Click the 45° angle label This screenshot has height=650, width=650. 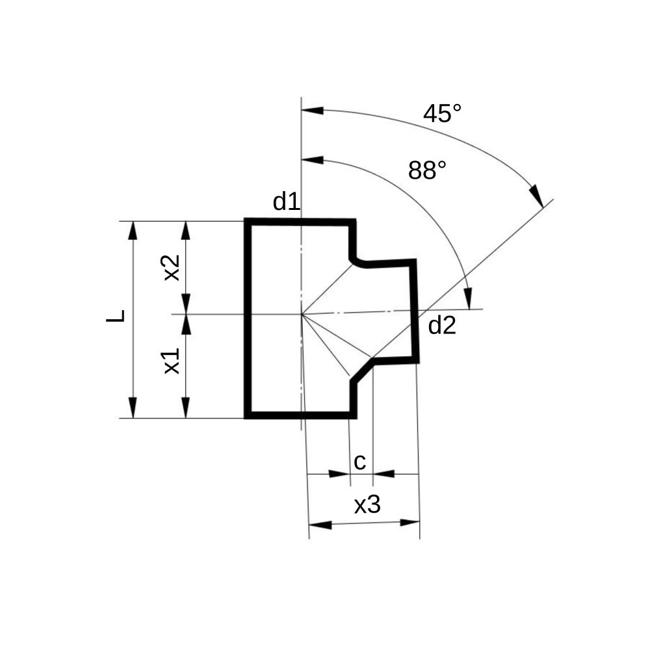click(x=442, y=114)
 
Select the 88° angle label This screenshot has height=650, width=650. click(x=427, y=170)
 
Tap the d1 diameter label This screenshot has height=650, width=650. click(x=287, y=201)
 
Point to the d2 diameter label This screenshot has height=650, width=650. click(x=442, y=325)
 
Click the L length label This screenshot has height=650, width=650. click(x=116, y=316)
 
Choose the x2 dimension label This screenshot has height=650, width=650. click(x=172, y=267)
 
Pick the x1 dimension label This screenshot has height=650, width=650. click(x=172, y=361)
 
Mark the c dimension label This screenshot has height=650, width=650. click(x=360, y=462)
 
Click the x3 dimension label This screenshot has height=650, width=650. click(x=367, y=504)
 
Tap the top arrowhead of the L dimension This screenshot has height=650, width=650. click(x=133, y=231)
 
